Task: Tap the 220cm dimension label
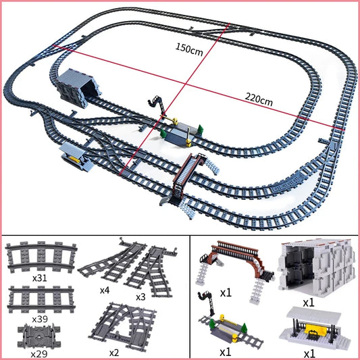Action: [259, 102]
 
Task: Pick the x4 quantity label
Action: [105, 290]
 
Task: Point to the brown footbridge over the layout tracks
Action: [194, 169]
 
